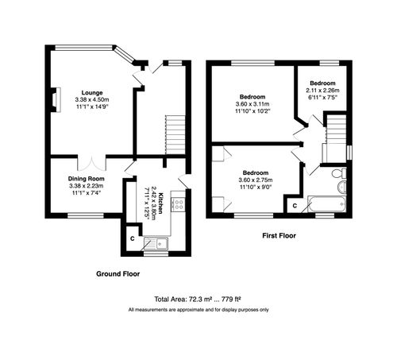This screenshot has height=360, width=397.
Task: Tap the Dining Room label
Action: point(86,179)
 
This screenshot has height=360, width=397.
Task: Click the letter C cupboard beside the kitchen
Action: point(132,238)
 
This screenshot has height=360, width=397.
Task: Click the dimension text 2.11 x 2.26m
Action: point(323,90)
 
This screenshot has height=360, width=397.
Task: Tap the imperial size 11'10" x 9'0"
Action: point(255,188)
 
